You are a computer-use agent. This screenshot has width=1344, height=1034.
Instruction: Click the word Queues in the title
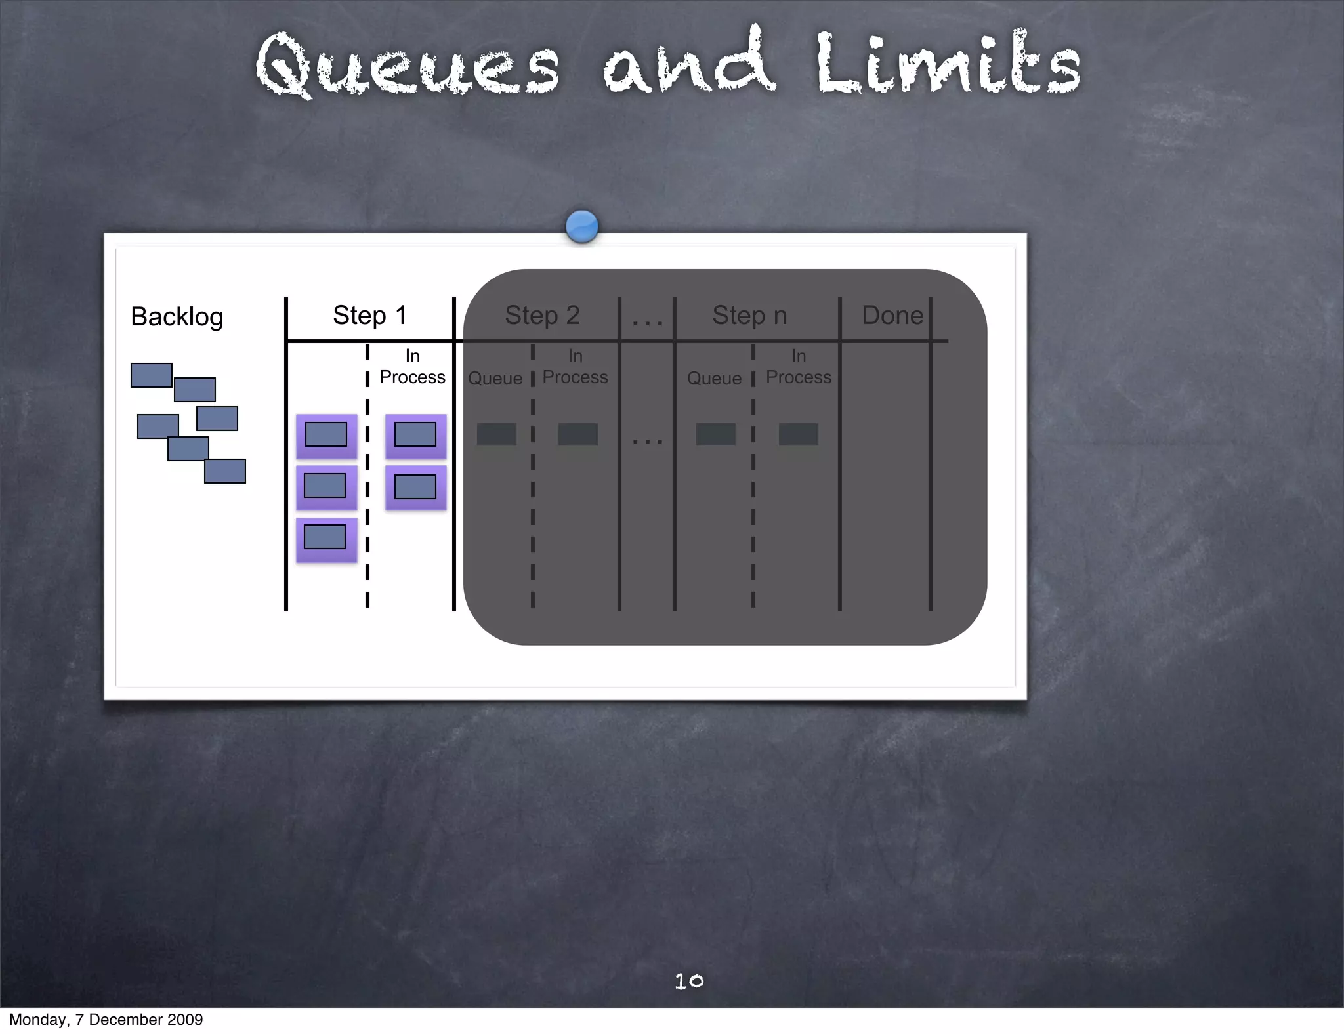point(407,66)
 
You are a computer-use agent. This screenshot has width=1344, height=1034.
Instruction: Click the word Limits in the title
point(948,64)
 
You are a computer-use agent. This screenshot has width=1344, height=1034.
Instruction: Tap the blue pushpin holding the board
point(581,226)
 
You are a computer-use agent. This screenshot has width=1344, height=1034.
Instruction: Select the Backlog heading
point(177,317)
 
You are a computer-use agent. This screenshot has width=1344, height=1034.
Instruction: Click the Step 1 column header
point(369,316)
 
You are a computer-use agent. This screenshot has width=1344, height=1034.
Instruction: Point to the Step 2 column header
point(542,316)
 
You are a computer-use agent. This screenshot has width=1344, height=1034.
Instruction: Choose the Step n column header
point(749,316)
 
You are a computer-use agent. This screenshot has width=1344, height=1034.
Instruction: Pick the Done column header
point(892,316)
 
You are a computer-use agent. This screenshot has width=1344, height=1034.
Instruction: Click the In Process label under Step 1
point(412,367)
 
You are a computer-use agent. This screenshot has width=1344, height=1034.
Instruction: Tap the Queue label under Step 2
point(495,379)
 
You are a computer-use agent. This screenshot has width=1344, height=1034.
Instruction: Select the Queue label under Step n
point(714,379)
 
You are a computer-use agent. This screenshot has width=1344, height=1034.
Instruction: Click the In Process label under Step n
point(799,367)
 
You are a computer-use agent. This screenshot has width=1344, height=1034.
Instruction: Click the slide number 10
point(689,981)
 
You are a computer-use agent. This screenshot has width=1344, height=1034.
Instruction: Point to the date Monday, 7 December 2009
point(106,1020)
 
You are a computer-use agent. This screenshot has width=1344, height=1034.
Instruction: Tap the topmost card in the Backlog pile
point(151,375)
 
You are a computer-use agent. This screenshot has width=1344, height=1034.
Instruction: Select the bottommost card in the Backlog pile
point(225,471)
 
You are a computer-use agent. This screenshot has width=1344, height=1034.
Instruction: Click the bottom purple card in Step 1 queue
point(326,539)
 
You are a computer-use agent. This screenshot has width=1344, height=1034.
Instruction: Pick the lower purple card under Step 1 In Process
point(415,487)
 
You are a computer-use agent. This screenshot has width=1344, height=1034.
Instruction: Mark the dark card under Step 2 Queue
point(497,434)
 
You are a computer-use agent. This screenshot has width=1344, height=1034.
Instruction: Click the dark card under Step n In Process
point(799,434)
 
